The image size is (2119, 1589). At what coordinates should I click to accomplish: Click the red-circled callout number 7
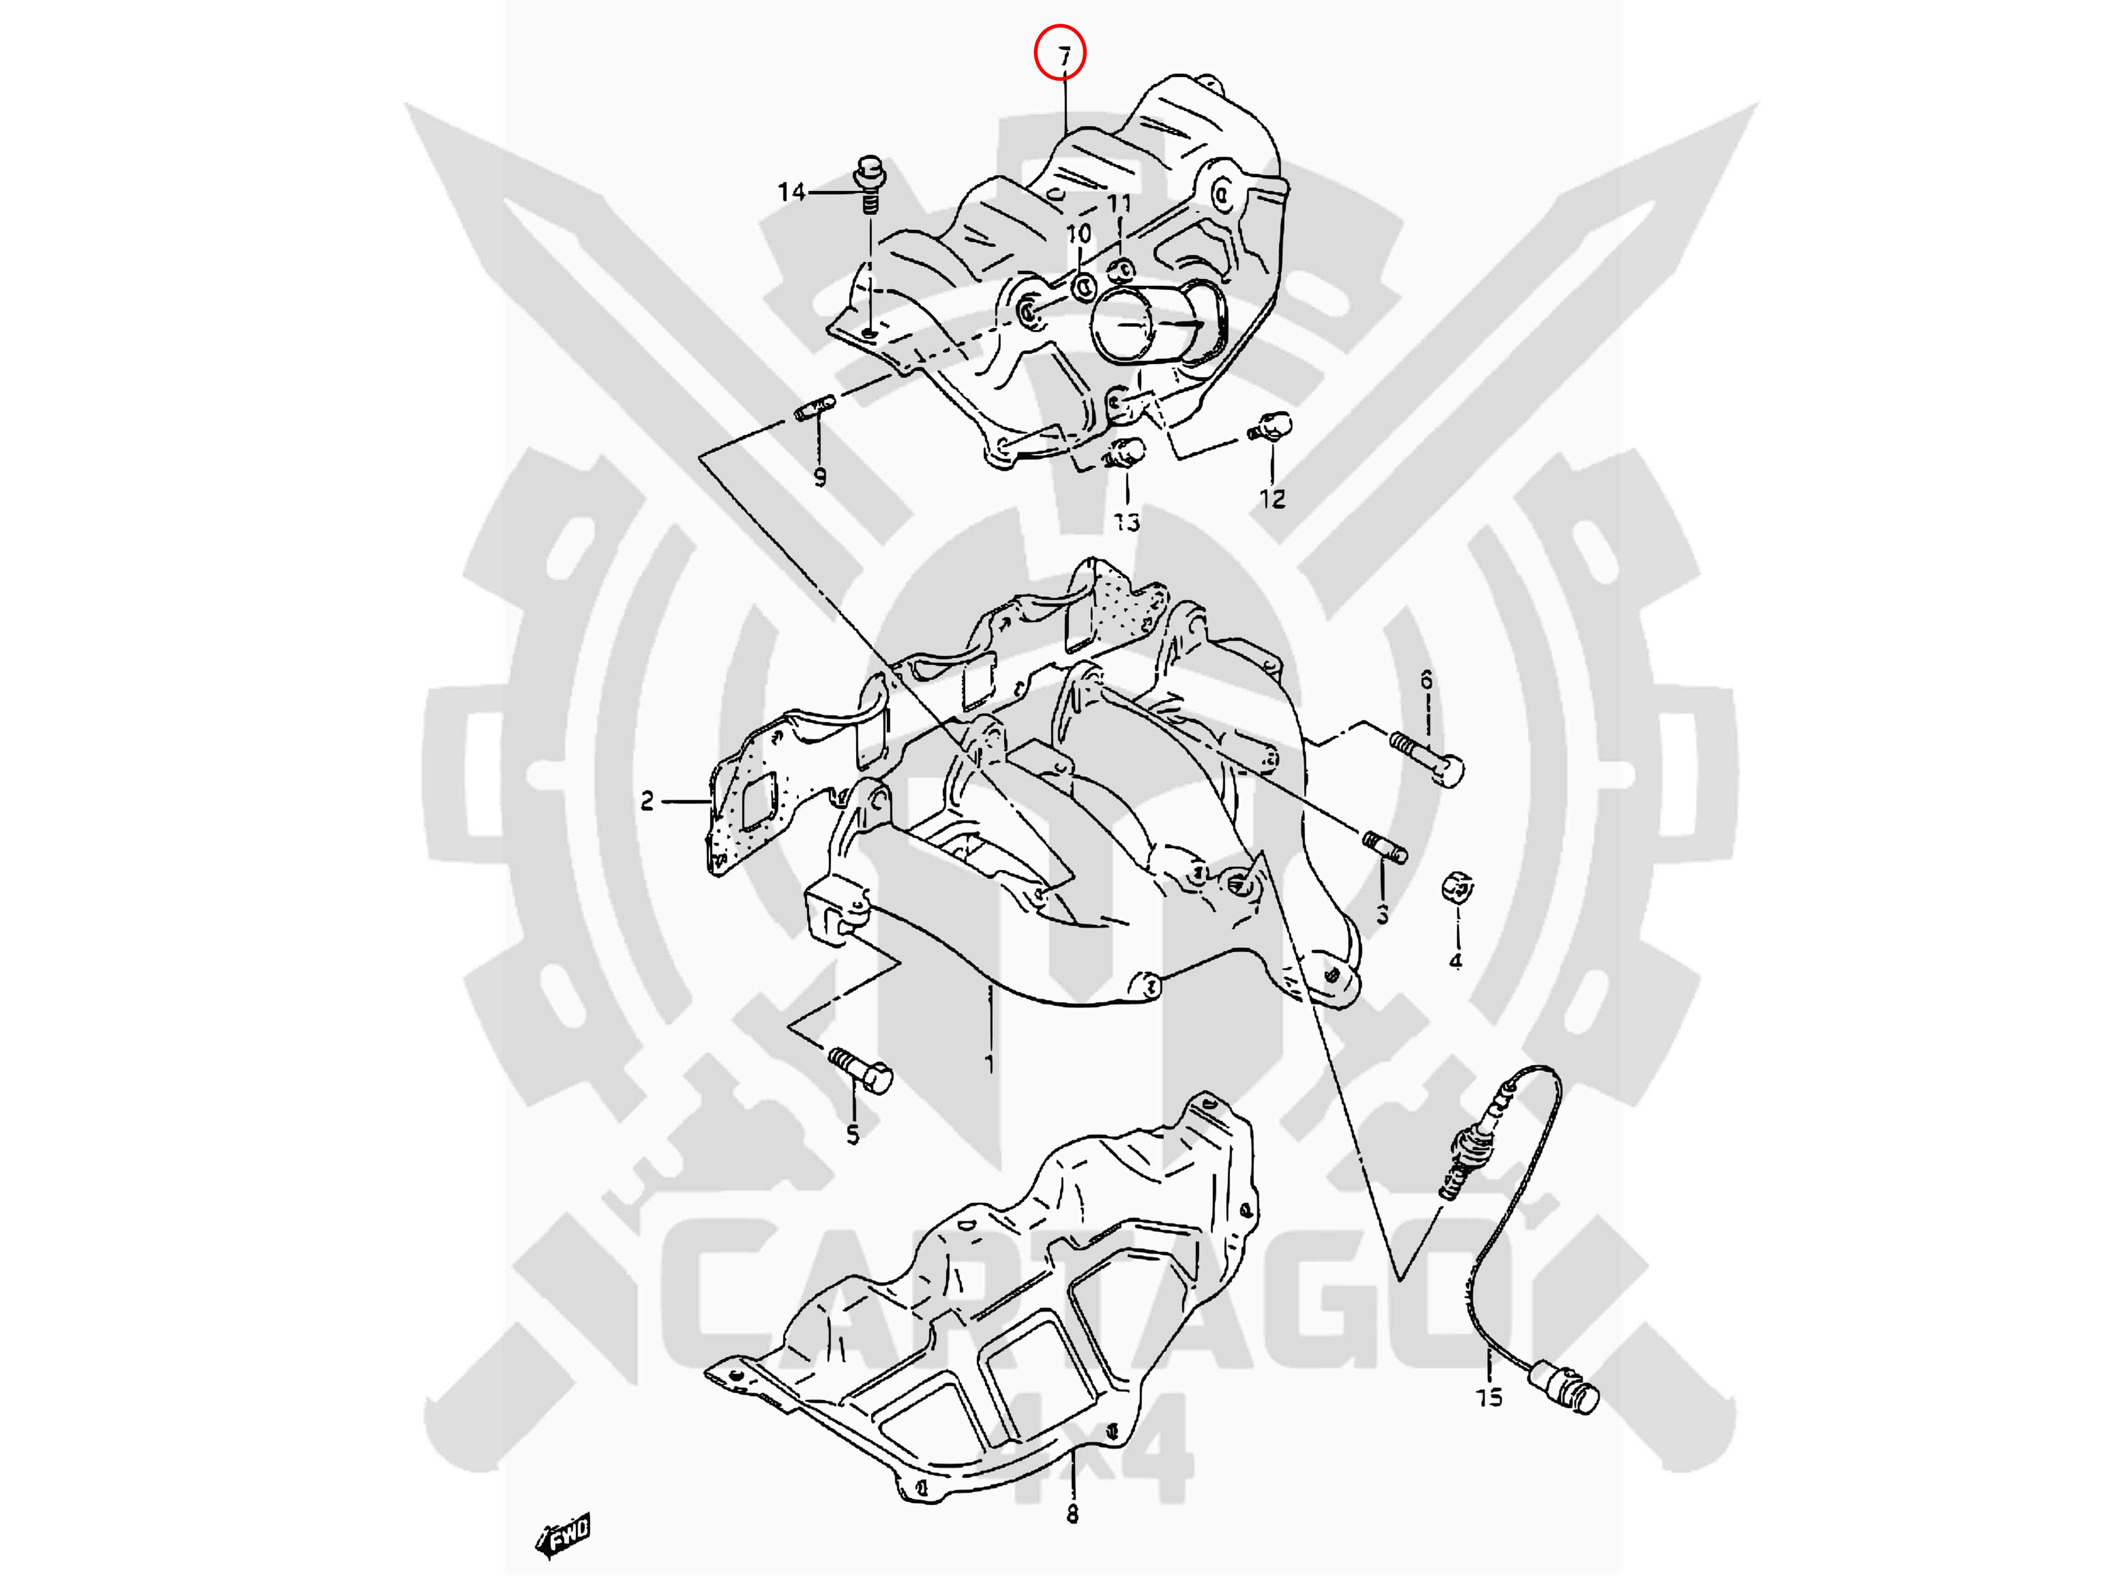coord(1064,57)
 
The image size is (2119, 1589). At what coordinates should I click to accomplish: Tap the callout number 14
coord(791,192)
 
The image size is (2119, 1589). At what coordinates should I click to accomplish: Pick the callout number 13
coord(1126,522)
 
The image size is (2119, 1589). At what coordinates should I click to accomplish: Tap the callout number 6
coord(1427,680)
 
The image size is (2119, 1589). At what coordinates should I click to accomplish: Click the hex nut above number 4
coord(1457,889)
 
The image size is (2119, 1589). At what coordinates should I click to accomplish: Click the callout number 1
coord(988,1063)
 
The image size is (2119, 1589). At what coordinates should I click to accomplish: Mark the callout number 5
coord(852,1135)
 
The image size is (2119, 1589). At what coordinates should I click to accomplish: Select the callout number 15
coord(1490,1397)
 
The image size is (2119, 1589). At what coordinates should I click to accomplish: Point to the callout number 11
coord(1119,203)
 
